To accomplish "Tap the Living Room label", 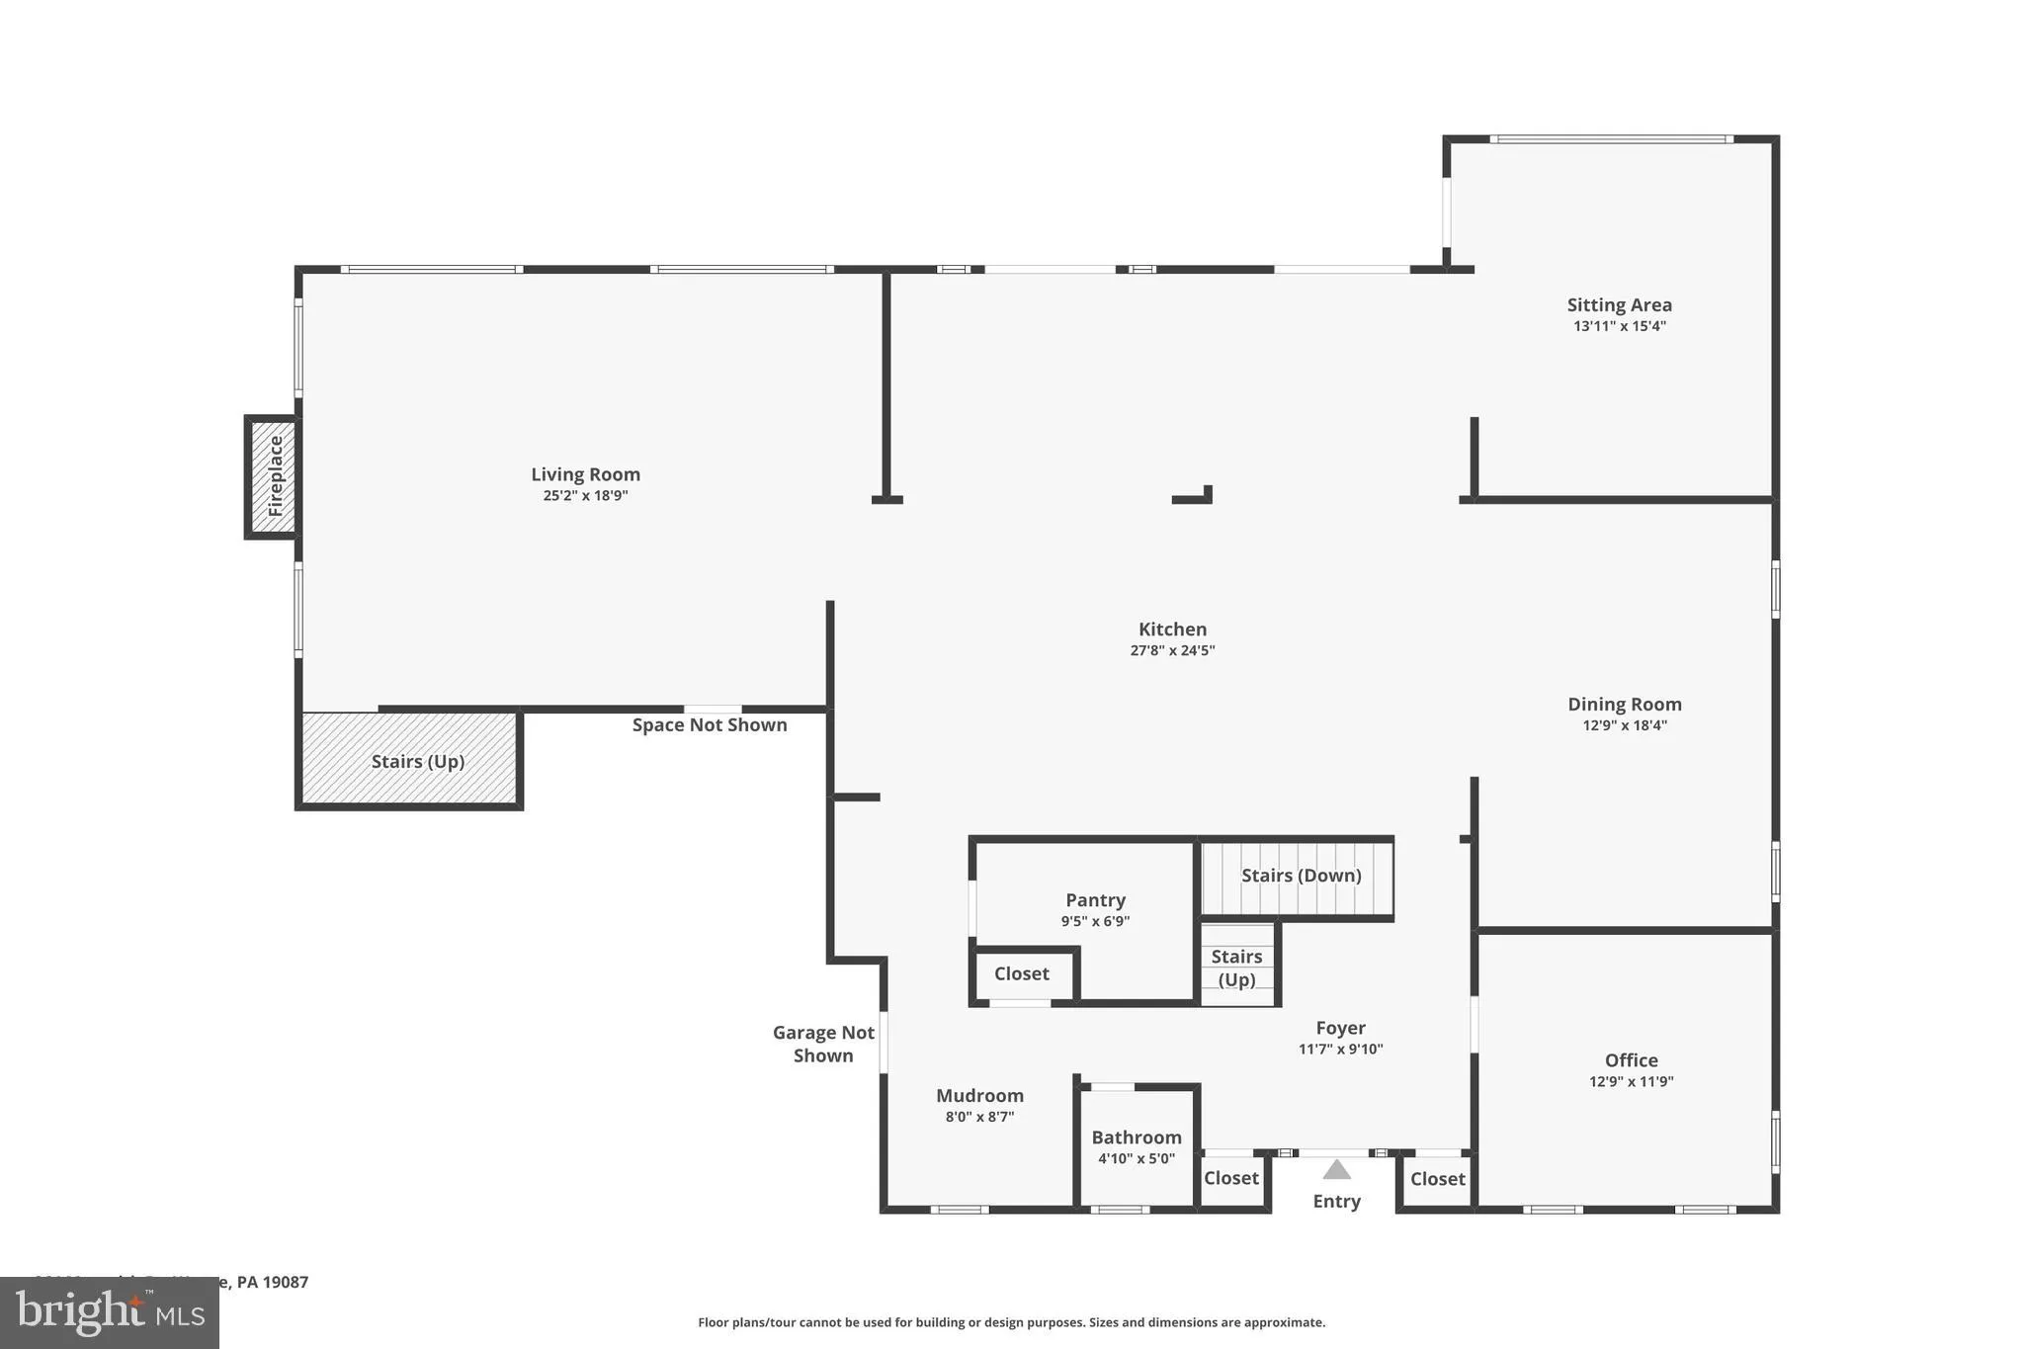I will point(585,474).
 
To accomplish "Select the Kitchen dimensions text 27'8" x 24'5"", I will point(1172,650).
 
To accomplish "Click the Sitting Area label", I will point(1619,305).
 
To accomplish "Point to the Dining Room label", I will point(1624,705).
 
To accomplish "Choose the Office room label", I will point(1631,1060).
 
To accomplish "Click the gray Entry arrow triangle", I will point(1336,1170).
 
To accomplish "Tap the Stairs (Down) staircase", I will point(1300,877).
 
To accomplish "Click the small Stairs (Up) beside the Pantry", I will point(1236,968).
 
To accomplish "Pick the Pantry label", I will point(1095,900).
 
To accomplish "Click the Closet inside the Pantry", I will point(1021,973).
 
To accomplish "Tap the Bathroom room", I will point(1137,1146).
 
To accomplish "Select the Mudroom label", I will point(979,1096).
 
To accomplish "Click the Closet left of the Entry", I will point(1230,1178).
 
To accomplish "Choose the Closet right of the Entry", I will point(1437,1179).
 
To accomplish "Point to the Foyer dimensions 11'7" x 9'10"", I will point(1340,1050).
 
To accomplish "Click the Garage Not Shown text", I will point(823,1044).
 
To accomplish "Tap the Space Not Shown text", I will point(710,725).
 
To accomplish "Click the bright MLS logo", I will point(110,1312).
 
